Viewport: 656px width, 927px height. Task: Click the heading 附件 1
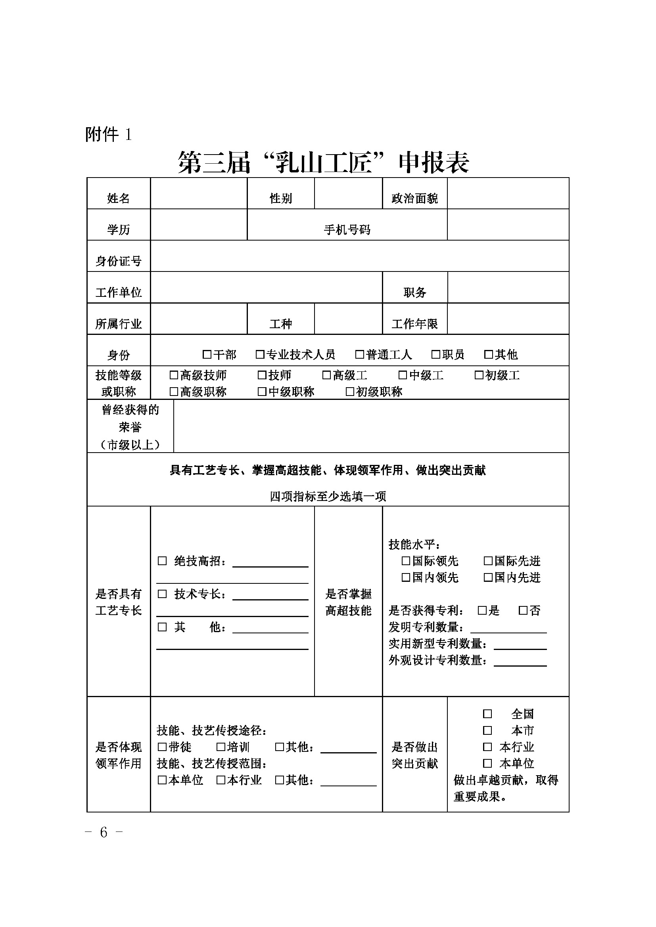(108, 134)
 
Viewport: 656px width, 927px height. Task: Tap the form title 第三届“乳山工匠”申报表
(323, 163)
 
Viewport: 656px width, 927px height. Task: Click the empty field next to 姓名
(198, 193)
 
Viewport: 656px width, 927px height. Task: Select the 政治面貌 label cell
(414, 198)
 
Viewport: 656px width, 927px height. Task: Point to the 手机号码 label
(347, 230)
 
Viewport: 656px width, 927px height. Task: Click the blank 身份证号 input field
(359, 256)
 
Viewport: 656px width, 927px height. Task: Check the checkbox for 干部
(207, 354)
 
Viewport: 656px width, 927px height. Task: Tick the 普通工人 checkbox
(359, 354)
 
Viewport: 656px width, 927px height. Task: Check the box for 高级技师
(174, 375)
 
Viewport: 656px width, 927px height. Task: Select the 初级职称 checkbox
(350, 391)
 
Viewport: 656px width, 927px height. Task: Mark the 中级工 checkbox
(403, 375)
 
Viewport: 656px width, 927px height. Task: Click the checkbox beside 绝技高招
(162, 561)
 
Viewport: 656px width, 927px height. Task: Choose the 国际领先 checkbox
(406, 561)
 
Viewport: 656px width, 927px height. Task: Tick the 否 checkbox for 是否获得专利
(523, 610)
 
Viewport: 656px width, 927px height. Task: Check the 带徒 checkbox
(162, 747)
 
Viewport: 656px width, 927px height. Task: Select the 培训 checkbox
(221, 747)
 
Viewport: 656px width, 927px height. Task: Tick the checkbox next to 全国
(487, 714)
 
